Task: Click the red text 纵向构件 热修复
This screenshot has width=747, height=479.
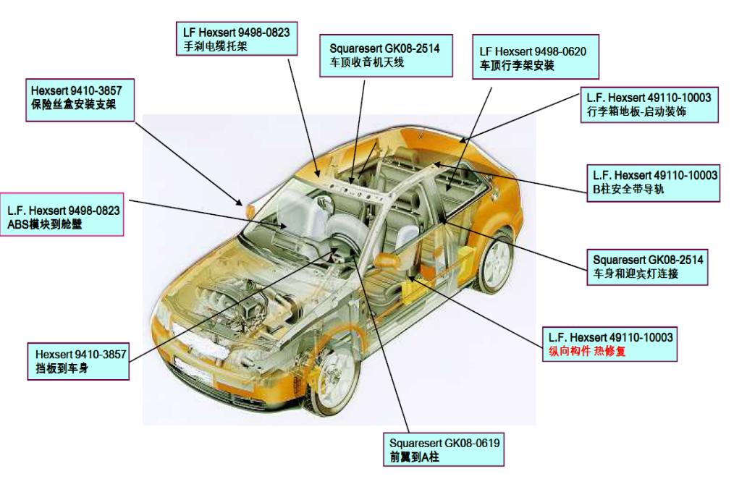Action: [x=587, y=352]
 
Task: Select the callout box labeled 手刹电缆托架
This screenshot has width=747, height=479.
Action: [x=237, y=38]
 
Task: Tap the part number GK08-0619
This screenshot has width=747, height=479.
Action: [x=472, y=444]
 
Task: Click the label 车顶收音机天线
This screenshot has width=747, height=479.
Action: [x=366, y=62]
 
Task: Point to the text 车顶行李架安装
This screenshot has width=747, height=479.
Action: [x=517, y=65]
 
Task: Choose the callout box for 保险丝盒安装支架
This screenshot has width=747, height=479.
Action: [x=80, y=100]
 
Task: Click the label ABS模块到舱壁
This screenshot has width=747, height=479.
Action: [x=45, y=224]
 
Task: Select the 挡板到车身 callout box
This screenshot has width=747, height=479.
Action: [x=79, y=361]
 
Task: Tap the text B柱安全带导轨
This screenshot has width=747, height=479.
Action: [x=628, y=189]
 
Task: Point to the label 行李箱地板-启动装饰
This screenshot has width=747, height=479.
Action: [x=636, y=111]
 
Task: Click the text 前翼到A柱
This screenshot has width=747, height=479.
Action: [x=414, y=457]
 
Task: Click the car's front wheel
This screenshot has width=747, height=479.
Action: [x=333, y=380]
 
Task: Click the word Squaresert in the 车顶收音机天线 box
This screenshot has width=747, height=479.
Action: [x=356, y=48]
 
